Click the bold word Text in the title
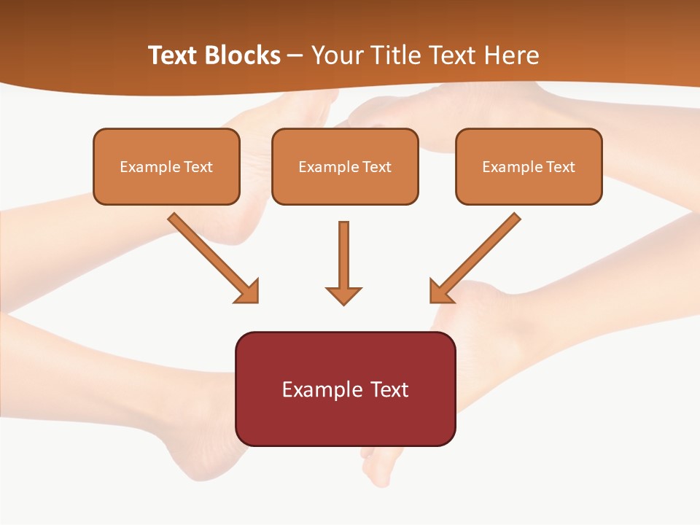click(172, 55)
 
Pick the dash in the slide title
click(295, 56)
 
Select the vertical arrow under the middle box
click(343, 255)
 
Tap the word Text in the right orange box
click(561, 167)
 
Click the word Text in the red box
click(390, 390)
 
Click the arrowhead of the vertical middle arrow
click(343, 295)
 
